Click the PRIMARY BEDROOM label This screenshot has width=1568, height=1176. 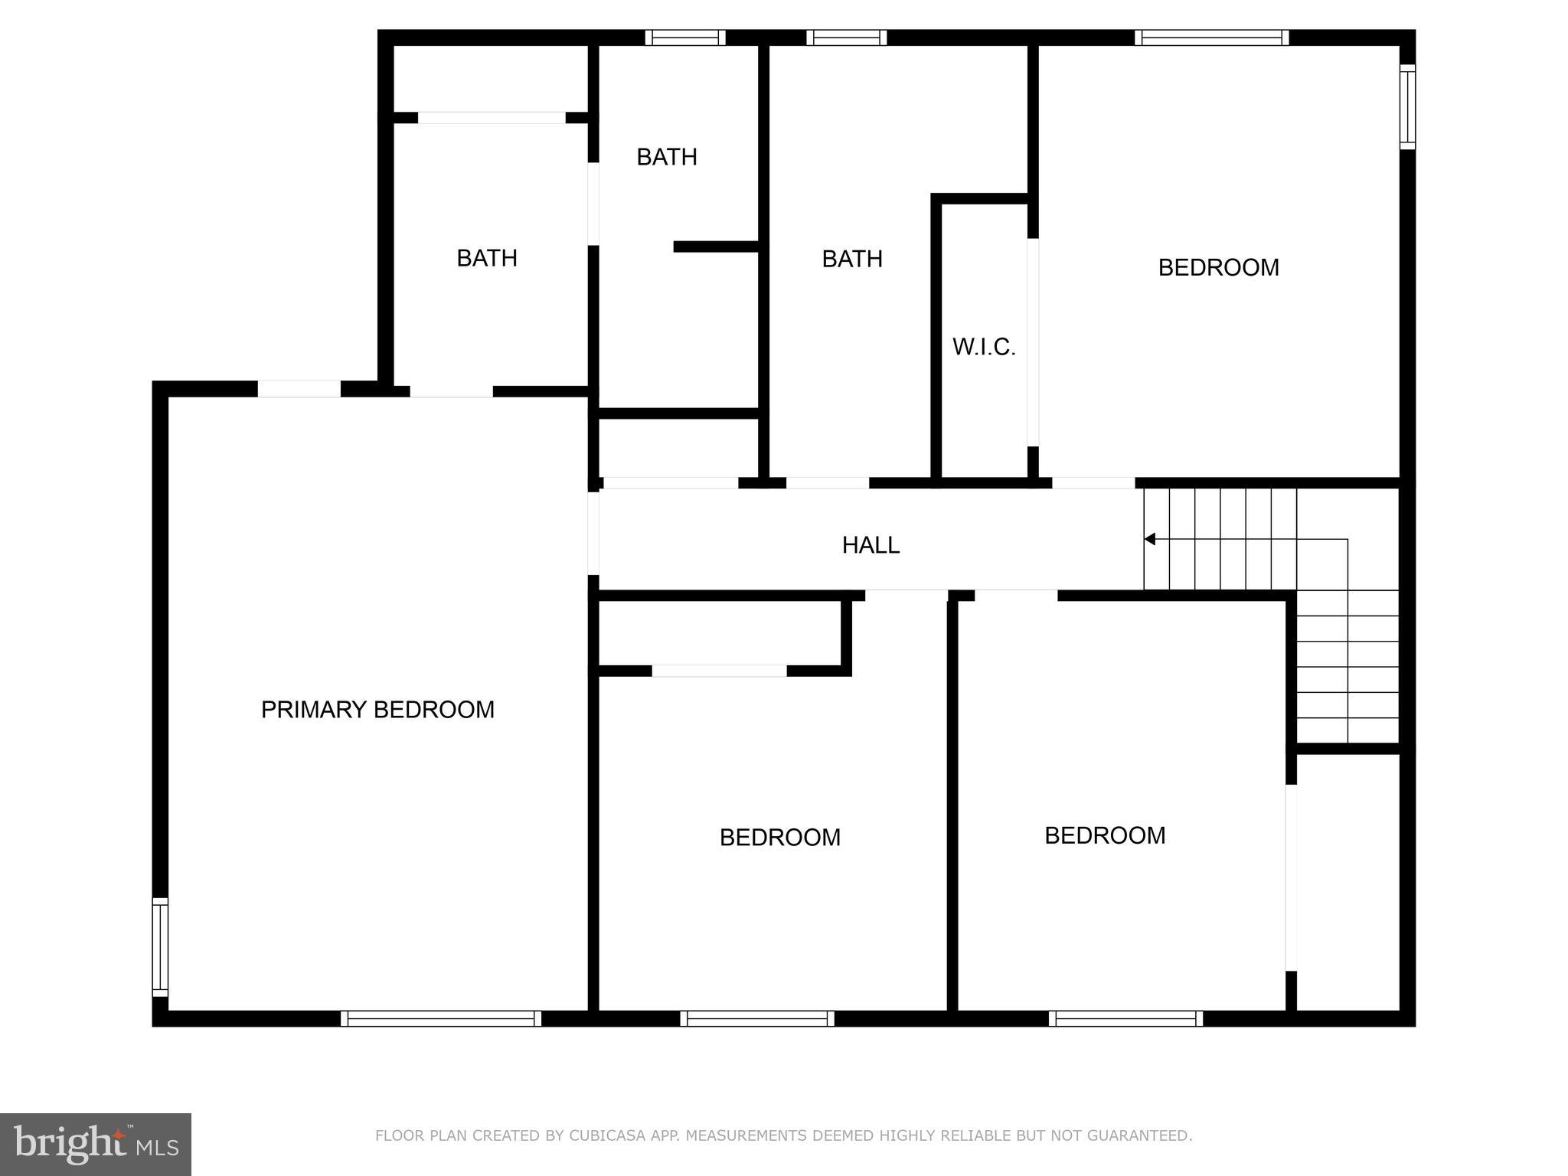click(x=377, y=710)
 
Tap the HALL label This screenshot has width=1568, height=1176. click(x=871, y=545)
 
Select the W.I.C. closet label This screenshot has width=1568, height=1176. click(x=984, y=347)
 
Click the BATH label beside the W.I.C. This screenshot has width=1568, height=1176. click(x=852, y=259)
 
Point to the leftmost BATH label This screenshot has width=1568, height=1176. click(x=487, y=258)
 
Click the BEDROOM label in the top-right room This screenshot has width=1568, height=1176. click(x=1218, y=267)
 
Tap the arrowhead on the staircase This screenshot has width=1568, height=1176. click(x=1149, y=539)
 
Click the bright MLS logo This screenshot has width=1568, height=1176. click(x=96, y=1144)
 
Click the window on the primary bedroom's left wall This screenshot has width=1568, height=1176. click(x=160, y=947)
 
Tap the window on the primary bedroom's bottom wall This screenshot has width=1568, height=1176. click(x=441, y=1018)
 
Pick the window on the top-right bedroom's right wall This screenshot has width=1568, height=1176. click(x=1407, y=106)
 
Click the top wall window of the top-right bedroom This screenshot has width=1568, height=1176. click(x=1211, y=38)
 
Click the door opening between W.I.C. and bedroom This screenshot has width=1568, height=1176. click(x=1033, y=342)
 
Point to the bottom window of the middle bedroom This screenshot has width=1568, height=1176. click(x=757, y=1018)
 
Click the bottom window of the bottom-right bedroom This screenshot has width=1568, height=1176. click(x=1125, y=1018)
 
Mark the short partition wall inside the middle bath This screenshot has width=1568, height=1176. click(x=716, y=247)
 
